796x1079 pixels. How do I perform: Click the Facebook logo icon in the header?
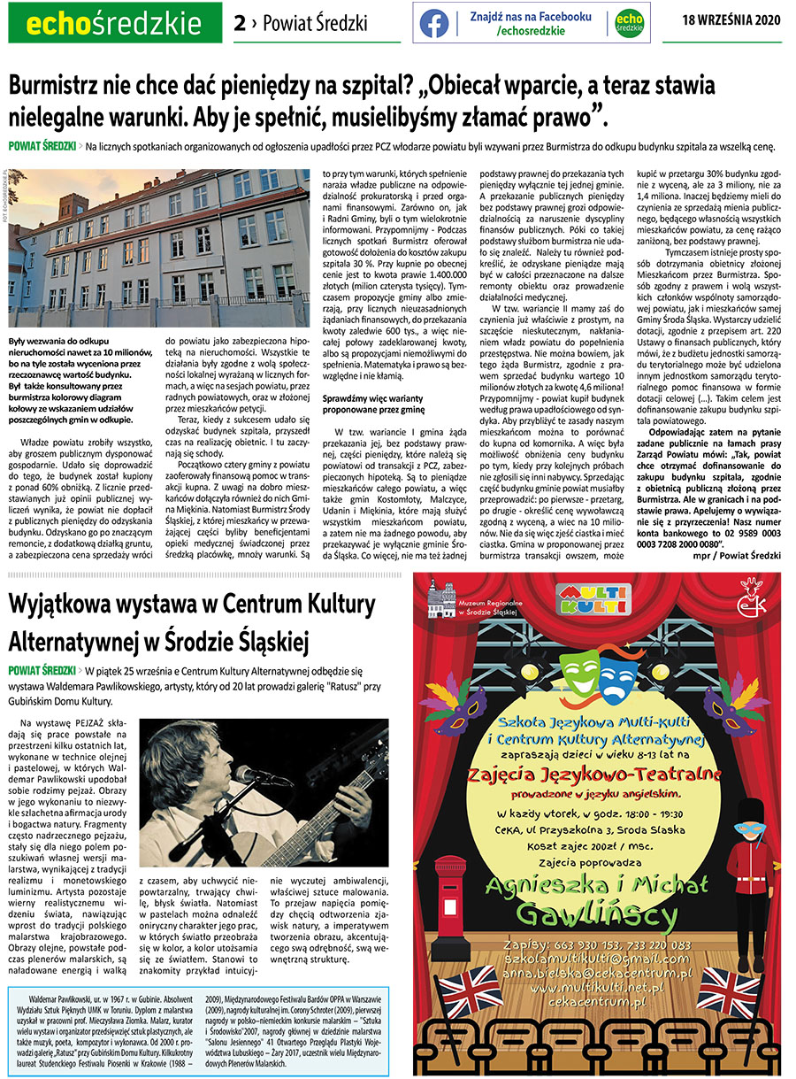pyautogui.click(x=433, y=23)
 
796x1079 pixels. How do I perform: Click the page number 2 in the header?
pyautogui.click(x=239, y=23)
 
